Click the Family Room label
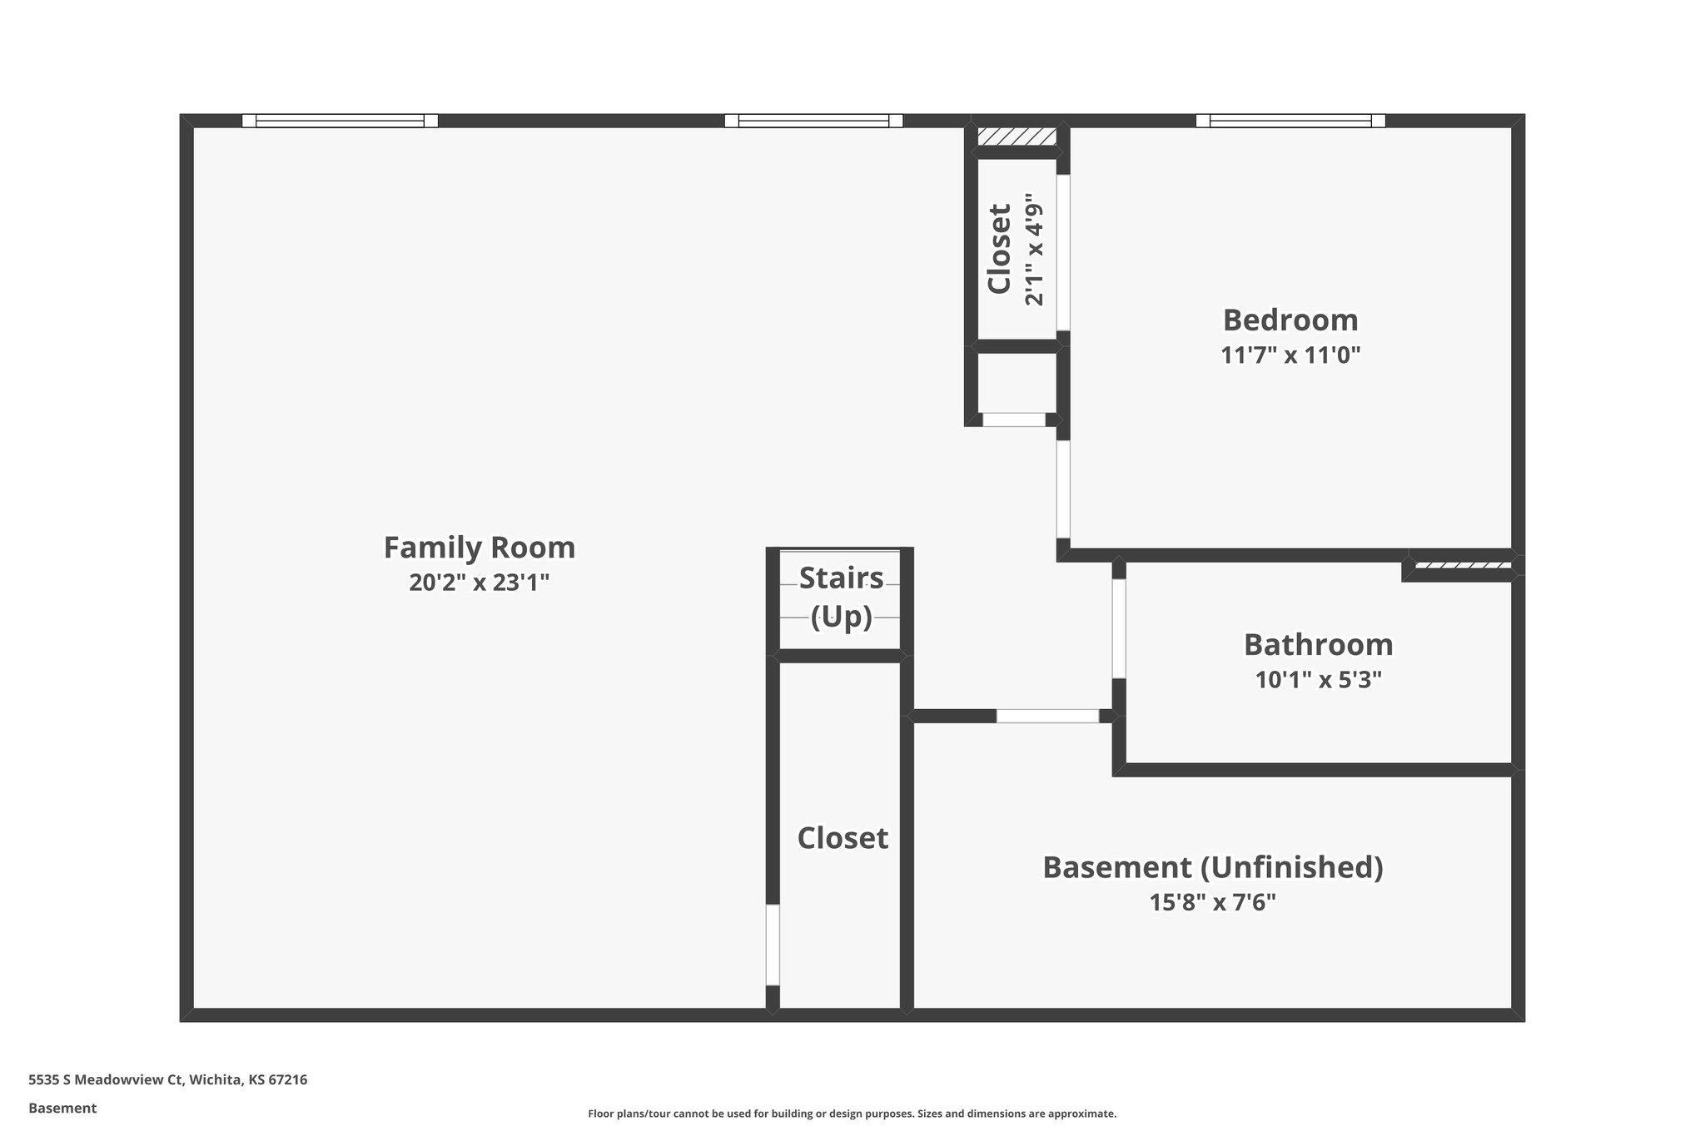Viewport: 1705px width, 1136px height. click(479, 548)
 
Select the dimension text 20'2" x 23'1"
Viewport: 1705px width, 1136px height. click(479, 583)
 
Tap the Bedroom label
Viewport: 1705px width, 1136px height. click(1290, 320)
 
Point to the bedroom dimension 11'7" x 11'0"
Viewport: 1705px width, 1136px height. click(1290, 355)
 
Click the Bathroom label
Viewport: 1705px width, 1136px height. click(1318, 645)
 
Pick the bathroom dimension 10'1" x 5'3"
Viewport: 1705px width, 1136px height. click(1318, 680)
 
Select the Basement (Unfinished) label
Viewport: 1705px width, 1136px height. click(1212, 867)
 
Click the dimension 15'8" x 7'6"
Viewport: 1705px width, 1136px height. click(1212, 902)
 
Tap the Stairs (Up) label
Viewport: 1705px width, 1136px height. click(841, 597)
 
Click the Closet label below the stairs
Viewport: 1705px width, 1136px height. click(842, 838)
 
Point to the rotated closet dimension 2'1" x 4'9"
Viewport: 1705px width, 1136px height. click(1034, 251)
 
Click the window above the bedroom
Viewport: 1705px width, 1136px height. click(1290, 121)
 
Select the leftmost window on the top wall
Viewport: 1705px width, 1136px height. click(340, 121)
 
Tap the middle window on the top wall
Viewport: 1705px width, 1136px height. click(813, 121)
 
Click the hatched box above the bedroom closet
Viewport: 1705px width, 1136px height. click(1017, 136)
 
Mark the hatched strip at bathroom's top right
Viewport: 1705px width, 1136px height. click(1462, 566)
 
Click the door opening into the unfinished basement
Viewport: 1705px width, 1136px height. click(1047, 716)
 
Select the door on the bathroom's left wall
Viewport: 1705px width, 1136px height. click(1119, 628)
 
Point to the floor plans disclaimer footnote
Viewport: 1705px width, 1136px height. click(852, 1114)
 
